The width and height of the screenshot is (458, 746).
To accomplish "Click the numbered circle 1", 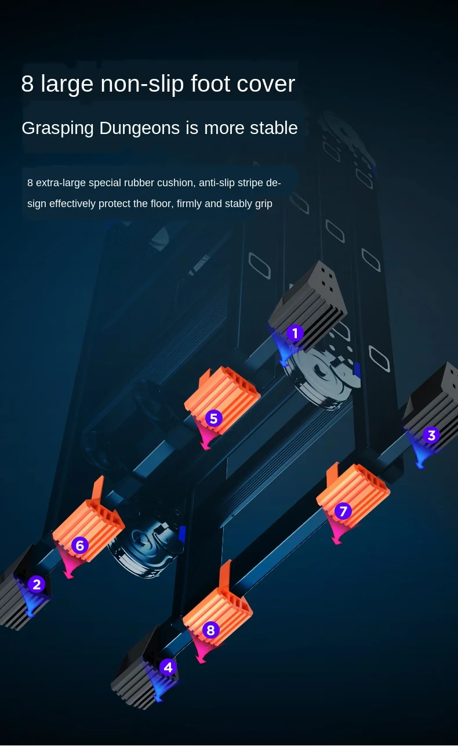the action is [x=295, y=334].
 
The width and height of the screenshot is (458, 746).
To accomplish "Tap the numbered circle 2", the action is [x=37, y=584].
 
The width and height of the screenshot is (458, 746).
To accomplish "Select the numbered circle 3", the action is [x=431, y=435].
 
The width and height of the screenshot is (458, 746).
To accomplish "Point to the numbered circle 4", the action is [x=168, y=667].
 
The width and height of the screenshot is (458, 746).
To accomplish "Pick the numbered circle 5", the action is [x=214, y=418].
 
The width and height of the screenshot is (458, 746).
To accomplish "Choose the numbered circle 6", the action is [x=80, y=545].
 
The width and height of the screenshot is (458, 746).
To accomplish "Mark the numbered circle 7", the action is [x=343, y=511].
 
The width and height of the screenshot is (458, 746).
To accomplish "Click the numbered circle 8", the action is [x=210, y=631].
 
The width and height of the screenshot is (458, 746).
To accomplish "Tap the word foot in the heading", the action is [x=199, y=84].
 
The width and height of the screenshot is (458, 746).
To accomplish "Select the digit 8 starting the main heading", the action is [x=27, y=84].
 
